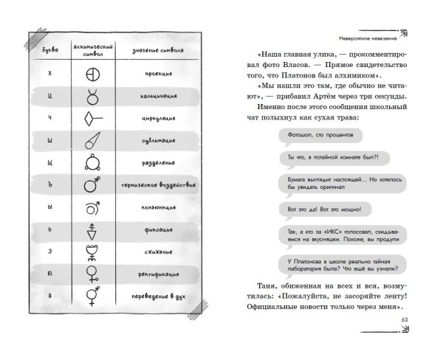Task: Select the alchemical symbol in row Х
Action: click(x=93, y=75)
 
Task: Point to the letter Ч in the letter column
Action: click(x=49, y=118)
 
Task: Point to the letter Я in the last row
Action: click(x=49, y=296)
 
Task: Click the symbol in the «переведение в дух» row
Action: click(x=93, y=296)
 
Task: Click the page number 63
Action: click(x=404, y=319)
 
